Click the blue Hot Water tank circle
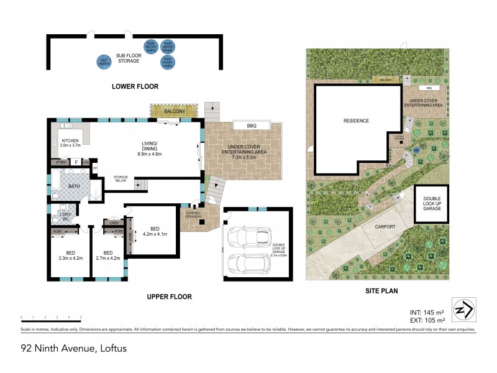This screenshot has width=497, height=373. tap(104, 61)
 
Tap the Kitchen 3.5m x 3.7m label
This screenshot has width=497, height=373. tap(70, 143)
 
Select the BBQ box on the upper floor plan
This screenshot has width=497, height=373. tap(252, 126)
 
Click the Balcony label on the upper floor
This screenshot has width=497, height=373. tap(173, 111)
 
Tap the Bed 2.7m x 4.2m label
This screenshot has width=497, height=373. tap(107, 256)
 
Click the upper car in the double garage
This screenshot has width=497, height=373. tap(248, 236)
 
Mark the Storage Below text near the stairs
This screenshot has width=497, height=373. tap(121, 180)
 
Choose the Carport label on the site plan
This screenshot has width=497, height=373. tap(385, 227)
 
